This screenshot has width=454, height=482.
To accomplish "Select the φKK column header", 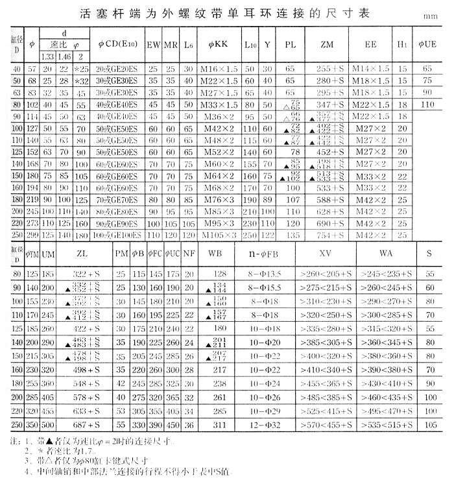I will pyautogui.click(x=218, y=45).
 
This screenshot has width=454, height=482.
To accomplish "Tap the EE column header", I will pyautogui.click(x=372, y=45).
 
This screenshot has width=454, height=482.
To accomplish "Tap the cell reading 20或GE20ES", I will pyautogui.click(x=117, y=69).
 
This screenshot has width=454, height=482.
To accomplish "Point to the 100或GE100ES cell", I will pyautogui.click(x=117, y=235).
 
